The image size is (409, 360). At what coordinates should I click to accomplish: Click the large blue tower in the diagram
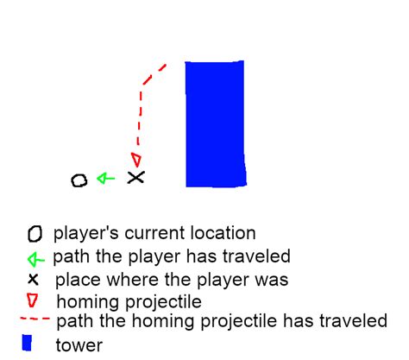tap(215, 123)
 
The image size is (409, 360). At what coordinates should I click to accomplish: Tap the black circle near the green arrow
tap(79, 180)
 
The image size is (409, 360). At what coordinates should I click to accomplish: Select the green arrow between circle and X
tap(105, 179)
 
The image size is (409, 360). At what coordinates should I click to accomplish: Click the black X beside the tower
tap(135, 177)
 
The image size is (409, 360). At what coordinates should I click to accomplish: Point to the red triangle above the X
tap(135, 159)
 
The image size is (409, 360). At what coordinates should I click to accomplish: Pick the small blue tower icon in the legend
tap(28, 344)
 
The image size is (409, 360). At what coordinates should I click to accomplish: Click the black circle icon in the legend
tap(34, 234)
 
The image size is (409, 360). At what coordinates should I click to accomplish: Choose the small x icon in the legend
tap(33, 279)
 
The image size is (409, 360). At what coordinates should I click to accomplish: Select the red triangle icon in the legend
tap(33, 300)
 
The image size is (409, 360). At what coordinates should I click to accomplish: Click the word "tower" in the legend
tap(79, 345)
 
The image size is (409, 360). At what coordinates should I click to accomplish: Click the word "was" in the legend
tap(271, 281)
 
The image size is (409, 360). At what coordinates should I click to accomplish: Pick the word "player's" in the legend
tap(80, 234)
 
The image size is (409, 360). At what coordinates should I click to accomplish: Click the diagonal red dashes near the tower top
tap(154, 73)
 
